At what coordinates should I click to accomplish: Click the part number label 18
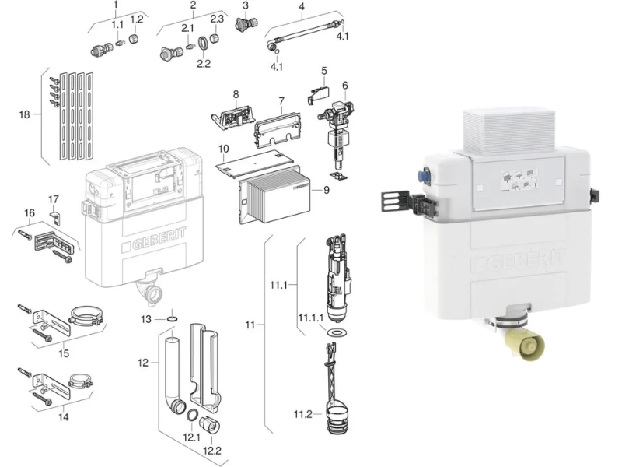[x=24, y=114]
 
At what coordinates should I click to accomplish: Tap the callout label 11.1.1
[x=310, y=318]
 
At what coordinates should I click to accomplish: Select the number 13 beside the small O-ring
[x=146, y=319]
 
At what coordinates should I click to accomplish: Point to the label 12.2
[x=211, y=451]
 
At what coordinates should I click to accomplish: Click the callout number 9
[x=326, y=190]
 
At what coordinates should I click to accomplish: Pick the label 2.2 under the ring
[x=204, y=64]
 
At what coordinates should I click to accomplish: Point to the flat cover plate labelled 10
[x=255, y=163]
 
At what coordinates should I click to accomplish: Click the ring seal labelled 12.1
[x=192, y=416]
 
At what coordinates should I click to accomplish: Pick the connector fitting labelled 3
[x=246, y=24]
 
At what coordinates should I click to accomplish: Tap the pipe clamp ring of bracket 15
[x=87, y=316]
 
